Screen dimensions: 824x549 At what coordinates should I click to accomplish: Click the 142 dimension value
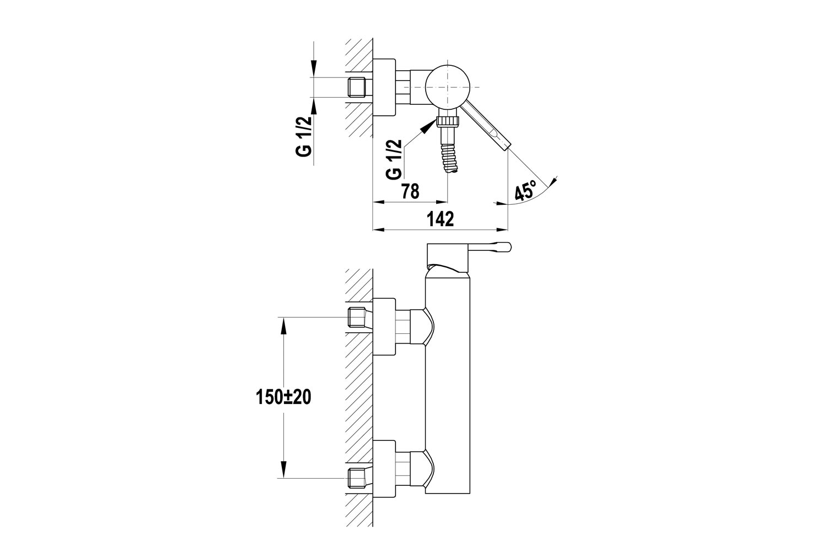[441, 220]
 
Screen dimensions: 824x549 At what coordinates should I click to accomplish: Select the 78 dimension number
[410, 192]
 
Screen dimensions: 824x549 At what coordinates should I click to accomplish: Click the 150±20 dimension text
[283, 397]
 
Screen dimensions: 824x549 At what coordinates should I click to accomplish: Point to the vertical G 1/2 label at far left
[304, 136]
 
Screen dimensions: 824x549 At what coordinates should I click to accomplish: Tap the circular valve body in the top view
[448, 87]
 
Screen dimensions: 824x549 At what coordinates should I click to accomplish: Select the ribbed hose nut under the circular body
[447, 121]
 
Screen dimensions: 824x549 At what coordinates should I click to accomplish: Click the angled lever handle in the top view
[485, 126]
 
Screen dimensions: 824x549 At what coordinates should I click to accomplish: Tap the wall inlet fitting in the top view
[360, 87]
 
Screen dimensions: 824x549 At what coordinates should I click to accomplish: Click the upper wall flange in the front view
[384, 327]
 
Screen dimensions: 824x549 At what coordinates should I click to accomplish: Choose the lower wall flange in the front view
[384, 469]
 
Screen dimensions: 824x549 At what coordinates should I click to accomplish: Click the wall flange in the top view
[384, 87]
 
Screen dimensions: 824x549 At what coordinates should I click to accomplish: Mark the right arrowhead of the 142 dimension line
[503, 231]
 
